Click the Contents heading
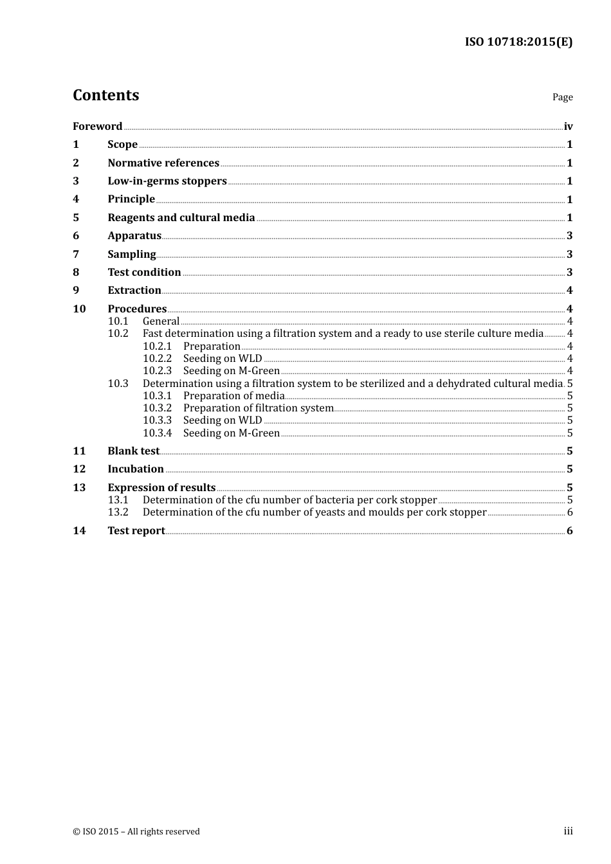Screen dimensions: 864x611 tap(105, 95)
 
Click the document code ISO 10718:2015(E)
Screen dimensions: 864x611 tap(518, 42)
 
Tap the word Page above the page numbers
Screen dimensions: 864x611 tap(562, 97)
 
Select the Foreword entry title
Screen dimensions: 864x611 tap(97, 127)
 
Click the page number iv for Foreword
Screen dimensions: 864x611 tap(568, 127)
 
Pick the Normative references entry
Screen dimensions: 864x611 tap(163, 163)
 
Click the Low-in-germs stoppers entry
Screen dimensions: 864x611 tap(167, 181)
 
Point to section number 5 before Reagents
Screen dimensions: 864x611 tap(76, 218)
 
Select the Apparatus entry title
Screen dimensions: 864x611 tap(134, 236)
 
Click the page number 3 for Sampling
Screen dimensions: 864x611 tap(569, 255)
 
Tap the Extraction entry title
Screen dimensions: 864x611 tap(134, 291)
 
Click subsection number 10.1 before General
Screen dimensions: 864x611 tap(118, 321)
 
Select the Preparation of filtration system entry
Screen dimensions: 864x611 tap(258, 408)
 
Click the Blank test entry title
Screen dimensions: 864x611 tap(133, 451)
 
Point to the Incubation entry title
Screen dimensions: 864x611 tap(136, 469)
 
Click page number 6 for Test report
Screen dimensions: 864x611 tap(569, 531)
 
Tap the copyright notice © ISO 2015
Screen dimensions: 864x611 tap(136, 832)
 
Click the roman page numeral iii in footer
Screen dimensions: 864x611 tap(568, 831)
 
